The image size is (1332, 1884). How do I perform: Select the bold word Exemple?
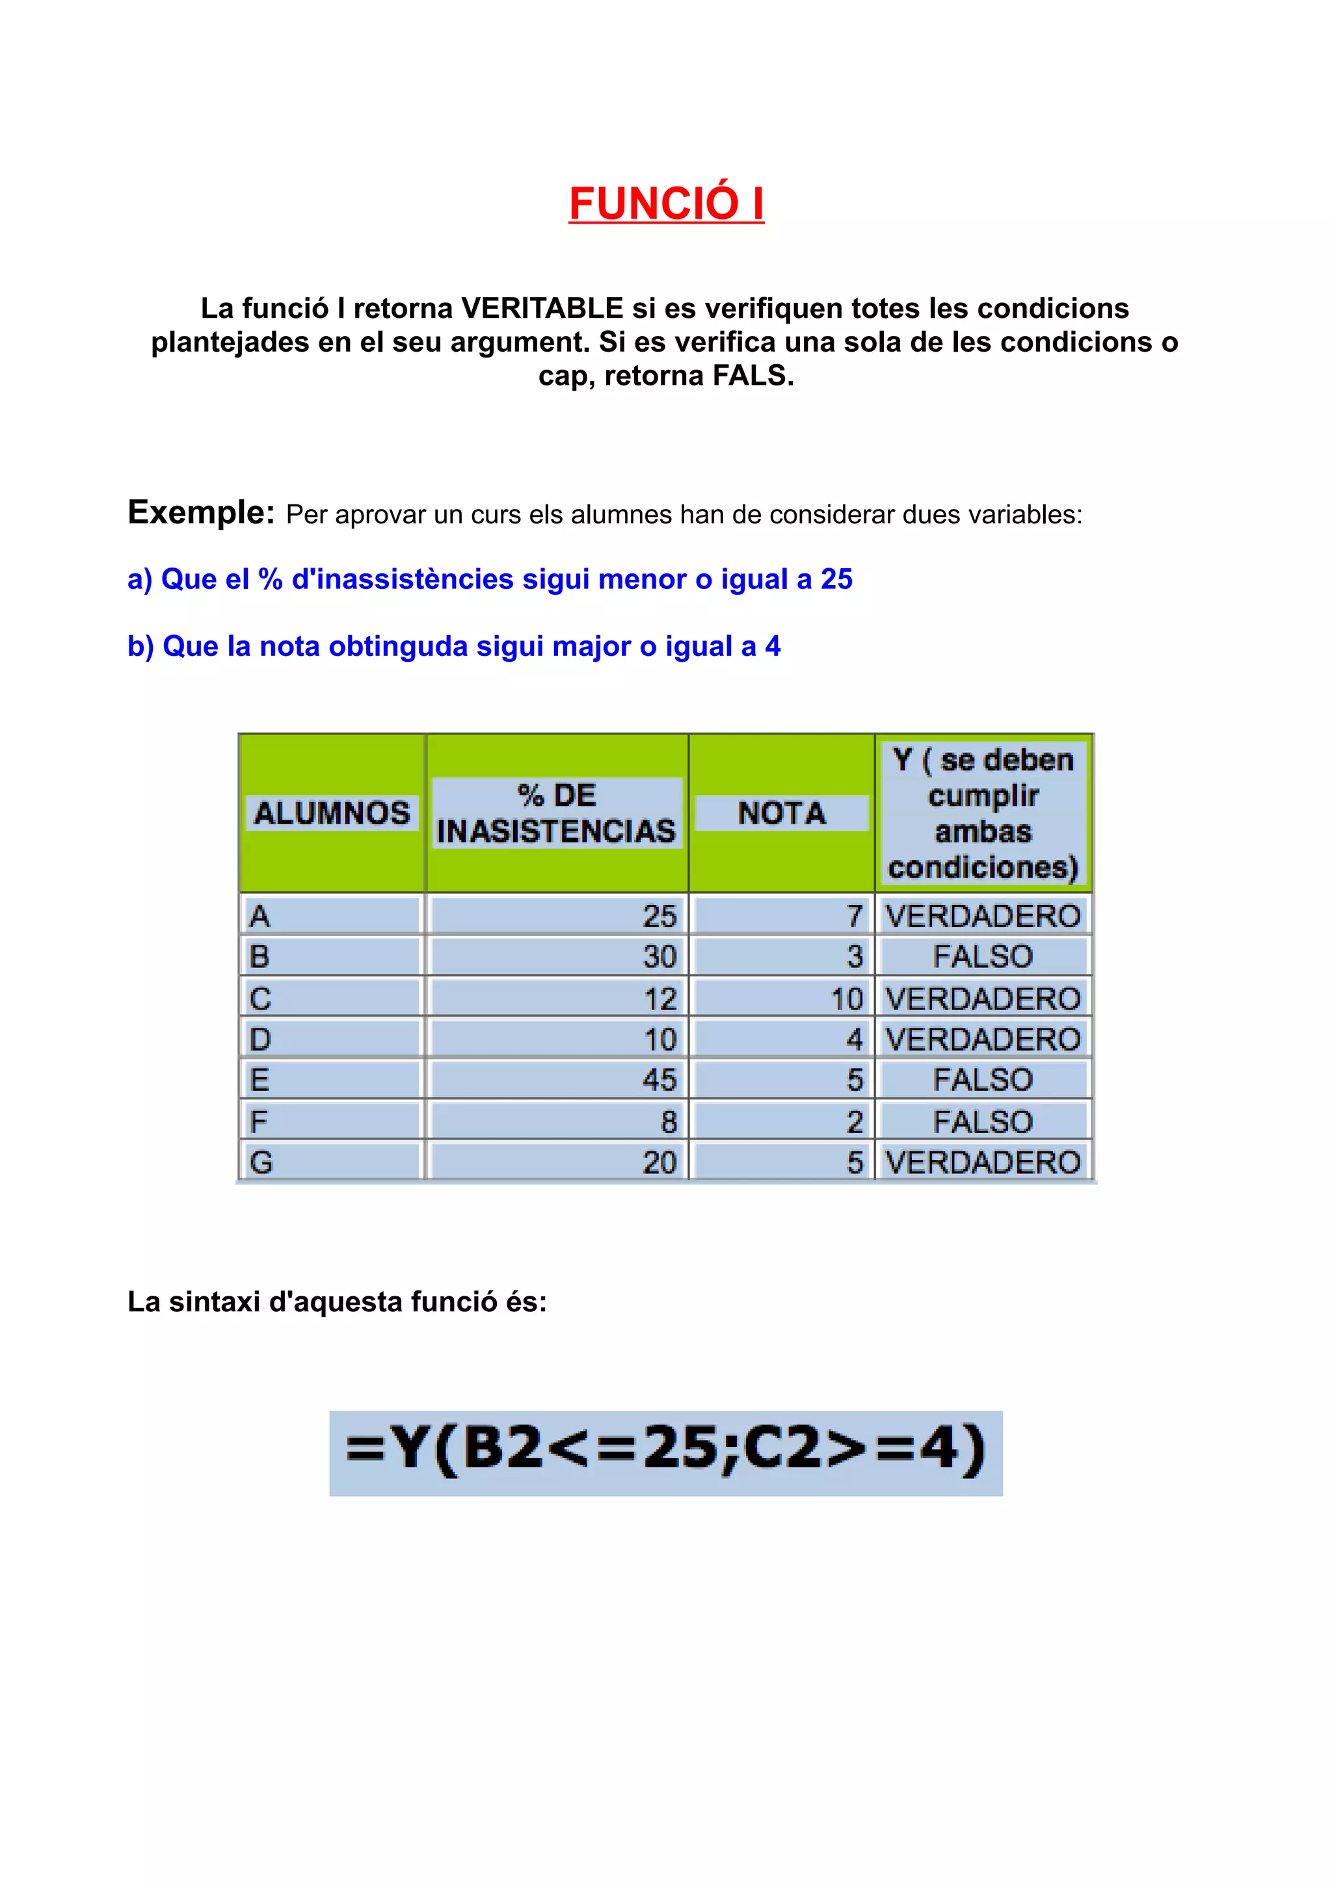201,512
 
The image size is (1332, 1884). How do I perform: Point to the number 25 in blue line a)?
836,579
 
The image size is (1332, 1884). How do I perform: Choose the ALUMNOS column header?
332,813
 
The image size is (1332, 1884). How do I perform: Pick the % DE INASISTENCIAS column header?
557,813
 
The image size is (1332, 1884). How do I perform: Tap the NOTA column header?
781,813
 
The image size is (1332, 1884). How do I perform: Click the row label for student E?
260,1080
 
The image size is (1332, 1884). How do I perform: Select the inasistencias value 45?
659,1080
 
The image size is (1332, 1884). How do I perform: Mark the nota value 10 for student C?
846,999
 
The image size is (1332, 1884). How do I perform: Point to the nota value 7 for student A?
855,916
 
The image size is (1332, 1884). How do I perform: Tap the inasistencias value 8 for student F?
668,1121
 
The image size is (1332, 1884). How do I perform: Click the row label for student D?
260,1040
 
